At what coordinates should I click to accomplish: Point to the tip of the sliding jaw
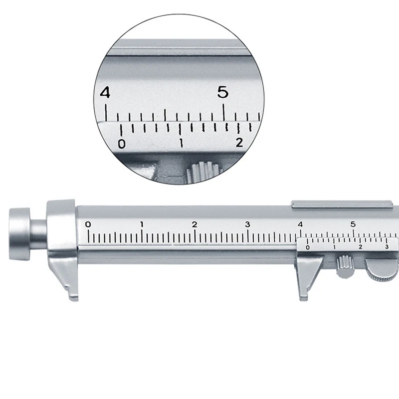[303, 297]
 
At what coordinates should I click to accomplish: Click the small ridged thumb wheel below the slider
[343, 266]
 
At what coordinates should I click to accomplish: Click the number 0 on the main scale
[88, 224]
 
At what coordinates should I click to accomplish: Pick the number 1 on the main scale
[142, 224]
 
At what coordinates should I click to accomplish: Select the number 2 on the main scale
[195, 224]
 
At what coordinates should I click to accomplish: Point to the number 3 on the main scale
[247, 224]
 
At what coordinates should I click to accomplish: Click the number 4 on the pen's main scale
[300, 224]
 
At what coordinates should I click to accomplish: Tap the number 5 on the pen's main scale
[353, 224]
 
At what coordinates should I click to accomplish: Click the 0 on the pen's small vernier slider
[307, 247]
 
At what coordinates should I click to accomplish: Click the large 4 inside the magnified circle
[105, 93]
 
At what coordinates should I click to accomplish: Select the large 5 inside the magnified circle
[223, 92]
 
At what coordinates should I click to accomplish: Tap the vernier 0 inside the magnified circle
[121, 144]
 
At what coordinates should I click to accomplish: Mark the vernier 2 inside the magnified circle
[239, 143]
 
